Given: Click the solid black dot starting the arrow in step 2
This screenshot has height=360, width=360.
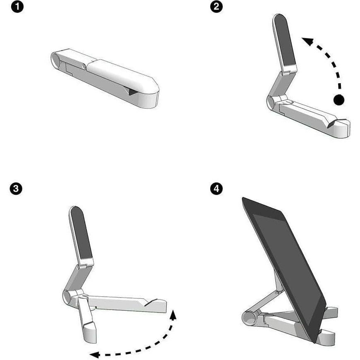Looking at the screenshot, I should point(339,99).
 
